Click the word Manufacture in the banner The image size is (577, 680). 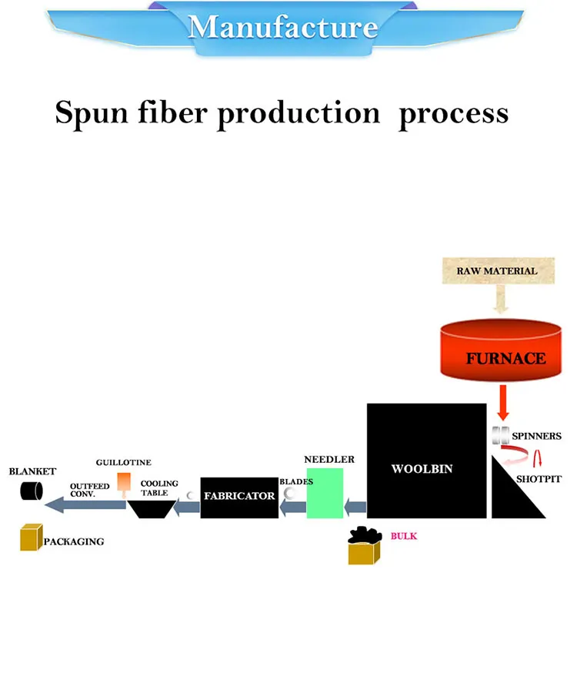(x=283, y=28)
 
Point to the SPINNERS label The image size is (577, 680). (x=536, y=437)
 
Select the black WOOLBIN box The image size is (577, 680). (x=426, y=460)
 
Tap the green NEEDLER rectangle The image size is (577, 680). (x=324, y=493)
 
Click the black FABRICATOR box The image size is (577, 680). (x=238, y=497)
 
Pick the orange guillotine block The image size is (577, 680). (x=124, y=482)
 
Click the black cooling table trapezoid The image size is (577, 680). (x=151, y=509)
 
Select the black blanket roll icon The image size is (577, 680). (x=32, y=491)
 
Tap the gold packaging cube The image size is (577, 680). (x=30, y=538)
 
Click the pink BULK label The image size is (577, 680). (x=403, y=535)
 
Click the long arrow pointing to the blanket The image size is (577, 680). (x=85, y=504)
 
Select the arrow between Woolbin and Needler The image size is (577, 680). (x=355, y=507)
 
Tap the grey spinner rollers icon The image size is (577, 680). (x=501, y=435)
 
